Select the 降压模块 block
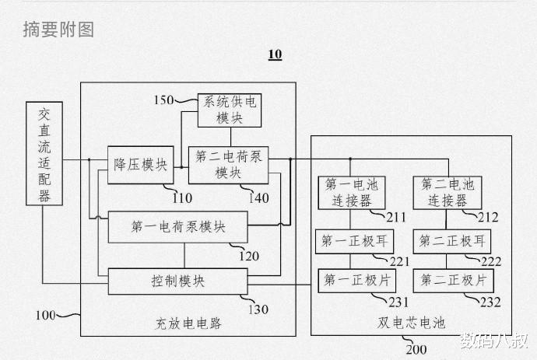(x=141, y=164)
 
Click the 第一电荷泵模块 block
(x=178, y=226)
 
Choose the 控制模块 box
(x=178, y=281)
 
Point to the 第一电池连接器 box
(x=349, y=192)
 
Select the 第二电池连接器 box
(x=447, y=192)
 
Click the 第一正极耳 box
(x=349, y=241)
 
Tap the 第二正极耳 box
(x=447, y=241)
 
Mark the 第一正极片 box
(x=349, y=279)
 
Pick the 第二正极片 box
(x=447, y=279)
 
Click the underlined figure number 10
(x=275, y=54)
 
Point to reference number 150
(x=164, y=100)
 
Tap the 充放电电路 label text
(x=189, y=323)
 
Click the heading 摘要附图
(x=58, y=30)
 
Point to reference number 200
(x=416, y=349)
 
